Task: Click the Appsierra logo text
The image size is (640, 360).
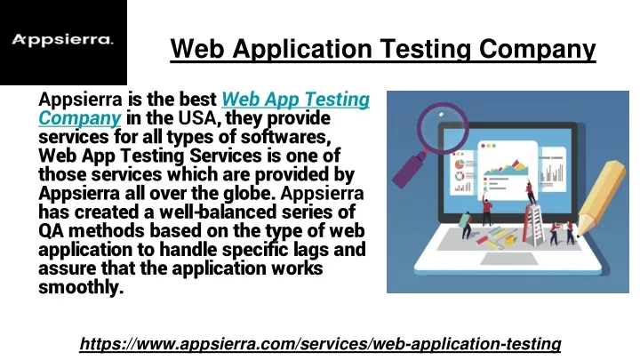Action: pos(62,40)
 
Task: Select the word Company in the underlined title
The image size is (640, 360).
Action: pos(538,50)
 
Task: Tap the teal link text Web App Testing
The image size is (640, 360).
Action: pos(295,100)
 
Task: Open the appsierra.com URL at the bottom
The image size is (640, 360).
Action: pos(320,344)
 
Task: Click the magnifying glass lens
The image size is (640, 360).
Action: pos(443,128)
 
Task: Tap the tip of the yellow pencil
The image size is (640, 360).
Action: pos(578,235)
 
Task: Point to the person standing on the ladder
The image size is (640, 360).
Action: pos(531,192)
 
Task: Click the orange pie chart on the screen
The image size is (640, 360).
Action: pos(460,164)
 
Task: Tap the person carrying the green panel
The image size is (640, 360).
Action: pos(465,225)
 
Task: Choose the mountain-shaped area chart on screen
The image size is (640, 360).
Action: pos(505,168)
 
